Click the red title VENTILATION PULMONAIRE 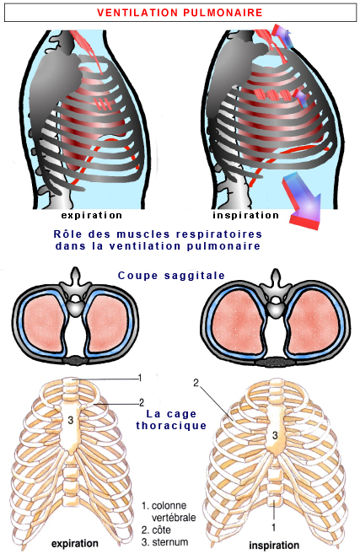point(180,13)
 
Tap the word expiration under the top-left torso point(92,215)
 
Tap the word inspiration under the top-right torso point(246,215)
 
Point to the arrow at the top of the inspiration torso point(282,35)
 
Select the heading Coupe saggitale point(171,276)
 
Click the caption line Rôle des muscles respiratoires point(158,234)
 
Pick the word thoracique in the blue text point(171,425)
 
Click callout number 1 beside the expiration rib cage point(140,378)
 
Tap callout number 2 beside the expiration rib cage point(142,402)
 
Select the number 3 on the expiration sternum point(71,420)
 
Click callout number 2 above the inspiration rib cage point(196,382)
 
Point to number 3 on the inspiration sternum point(275,435)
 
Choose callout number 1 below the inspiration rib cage point(274,527)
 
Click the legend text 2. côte point(156,530)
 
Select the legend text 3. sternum point(164,542)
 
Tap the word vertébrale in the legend point(174,518)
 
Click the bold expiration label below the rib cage point(75,543)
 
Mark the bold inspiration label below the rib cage point(274,546)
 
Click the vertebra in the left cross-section point(75,293)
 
